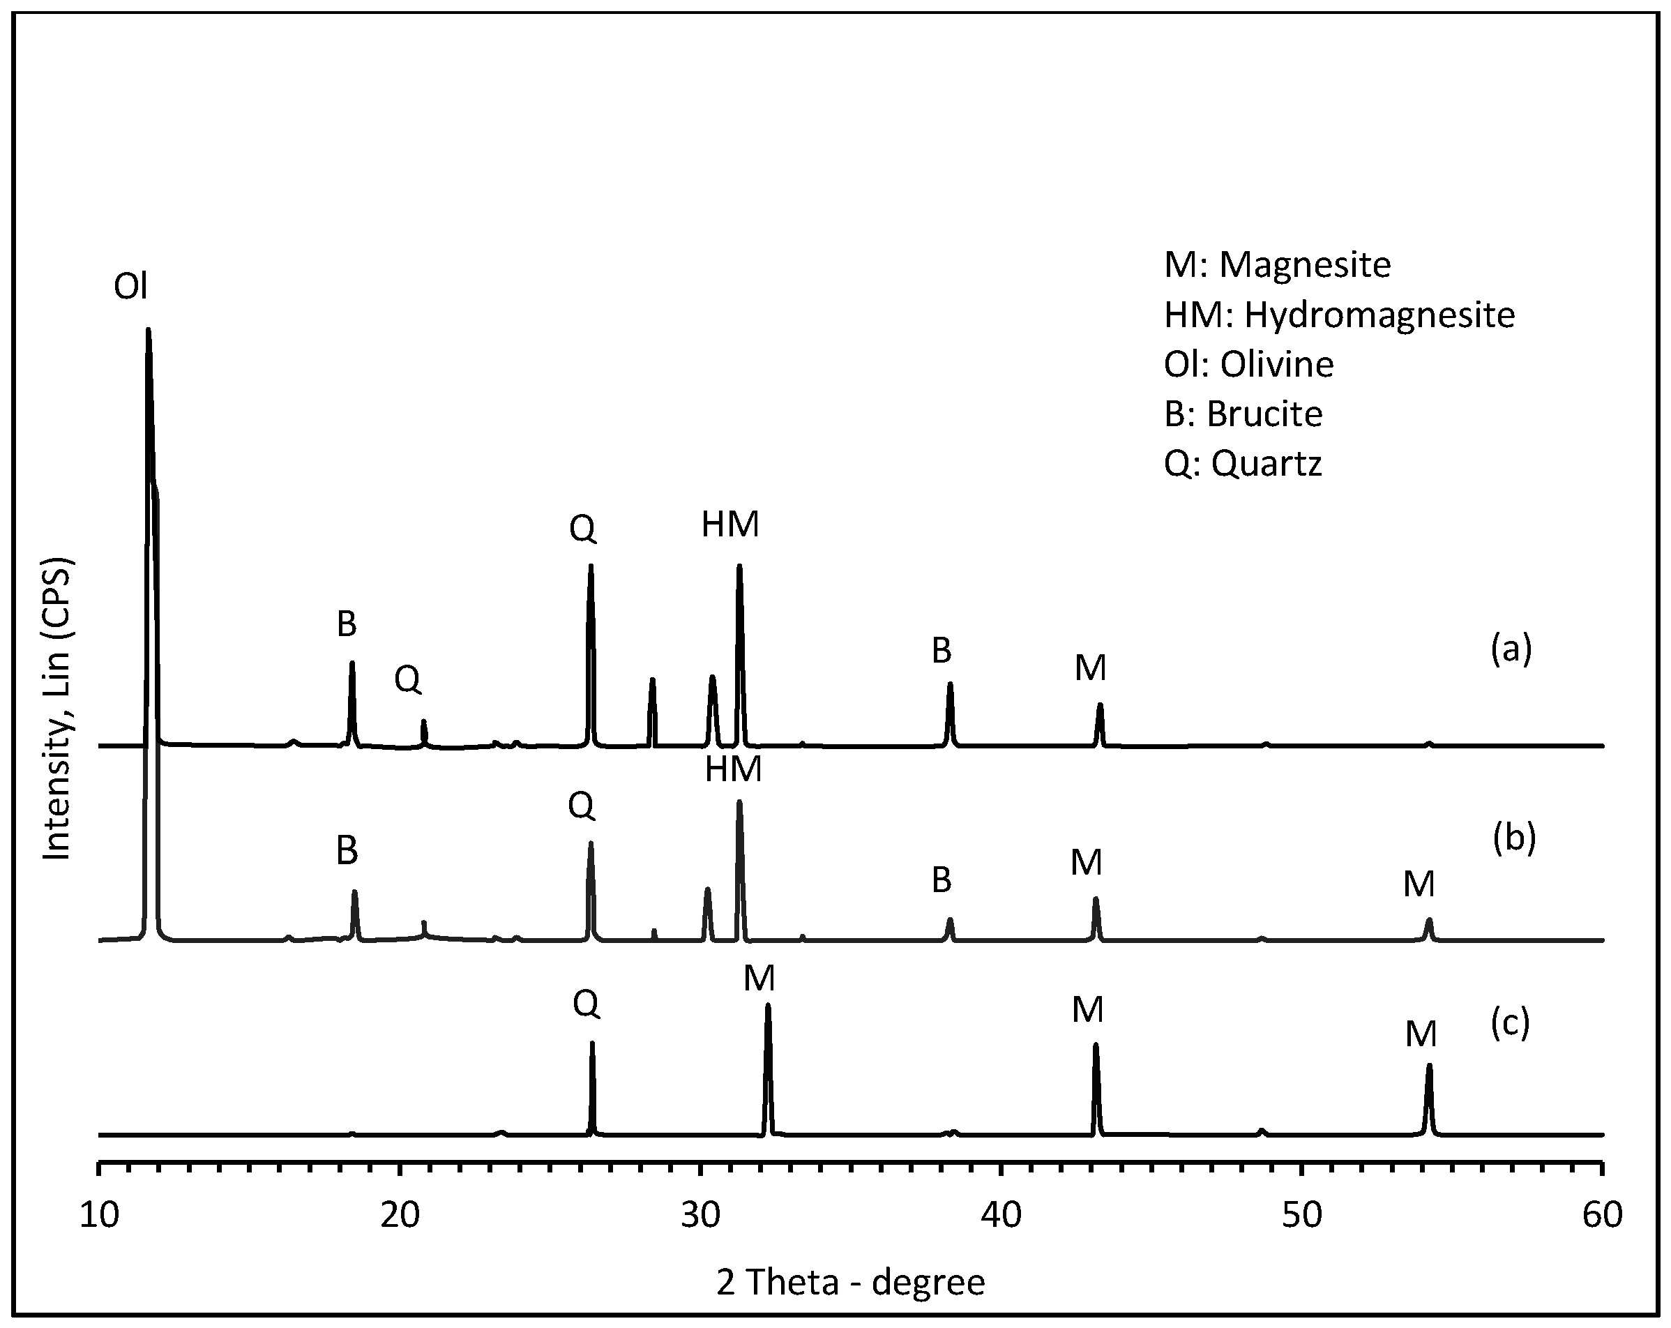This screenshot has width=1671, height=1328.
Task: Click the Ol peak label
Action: click(130, 287)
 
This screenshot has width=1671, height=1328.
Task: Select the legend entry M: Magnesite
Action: click(1276, 265)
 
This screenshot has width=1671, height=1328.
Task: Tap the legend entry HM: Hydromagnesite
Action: click(1338, 315)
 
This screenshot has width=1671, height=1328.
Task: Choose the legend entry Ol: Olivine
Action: click(1248, 364)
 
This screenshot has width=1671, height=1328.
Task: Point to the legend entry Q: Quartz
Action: click(1242, 464)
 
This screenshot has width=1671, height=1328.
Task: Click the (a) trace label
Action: click(1511, 649)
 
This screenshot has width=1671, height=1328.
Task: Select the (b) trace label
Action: click(1513, 839)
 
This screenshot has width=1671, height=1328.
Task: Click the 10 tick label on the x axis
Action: click(100, 1216)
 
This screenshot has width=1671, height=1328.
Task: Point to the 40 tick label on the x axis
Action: click(1001, 1216)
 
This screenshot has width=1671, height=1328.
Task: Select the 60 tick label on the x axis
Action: click(1602, 1216)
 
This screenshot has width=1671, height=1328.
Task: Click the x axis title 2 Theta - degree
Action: click(850, 1282)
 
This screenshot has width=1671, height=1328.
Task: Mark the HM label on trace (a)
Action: click(730, 525)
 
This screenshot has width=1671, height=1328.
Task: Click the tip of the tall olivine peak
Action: click(148, 330)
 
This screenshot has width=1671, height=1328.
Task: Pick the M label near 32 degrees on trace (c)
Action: click(759, 979)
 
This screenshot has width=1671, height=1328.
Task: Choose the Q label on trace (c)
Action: click(586, 1006)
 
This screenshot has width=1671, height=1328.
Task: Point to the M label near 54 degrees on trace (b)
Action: click(1419, 884)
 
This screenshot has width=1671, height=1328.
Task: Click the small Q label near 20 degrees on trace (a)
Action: click(408, 680)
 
